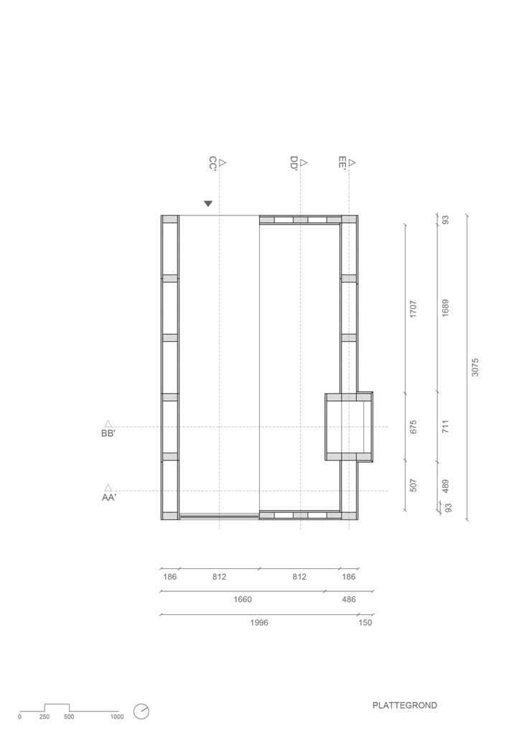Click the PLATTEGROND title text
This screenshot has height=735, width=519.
405,705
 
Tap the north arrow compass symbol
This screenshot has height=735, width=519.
141,711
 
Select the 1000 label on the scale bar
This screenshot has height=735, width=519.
117,717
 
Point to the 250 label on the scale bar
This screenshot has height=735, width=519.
45,717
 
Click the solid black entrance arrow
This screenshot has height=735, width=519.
208,203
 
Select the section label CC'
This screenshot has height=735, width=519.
212,164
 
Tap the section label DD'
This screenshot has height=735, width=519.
294,164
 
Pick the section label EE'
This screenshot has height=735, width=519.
342,162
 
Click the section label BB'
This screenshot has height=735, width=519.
108,433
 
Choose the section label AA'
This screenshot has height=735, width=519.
108,498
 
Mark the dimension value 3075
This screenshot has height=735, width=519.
475,367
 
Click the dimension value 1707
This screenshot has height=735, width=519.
413,309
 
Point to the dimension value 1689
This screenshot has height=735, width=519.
445,308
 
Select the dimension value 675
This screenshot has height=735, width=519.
413,427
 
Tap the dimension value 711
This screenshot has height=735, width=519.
445,426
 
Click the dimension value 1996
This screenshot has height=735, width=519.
259,622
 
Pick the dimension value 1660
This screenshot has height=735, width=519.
243,599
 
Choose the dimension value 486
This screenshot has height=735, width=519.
349,599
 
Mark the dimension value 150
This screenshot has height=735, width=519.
365,622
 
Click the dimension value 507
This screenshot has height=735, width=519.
413,485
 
